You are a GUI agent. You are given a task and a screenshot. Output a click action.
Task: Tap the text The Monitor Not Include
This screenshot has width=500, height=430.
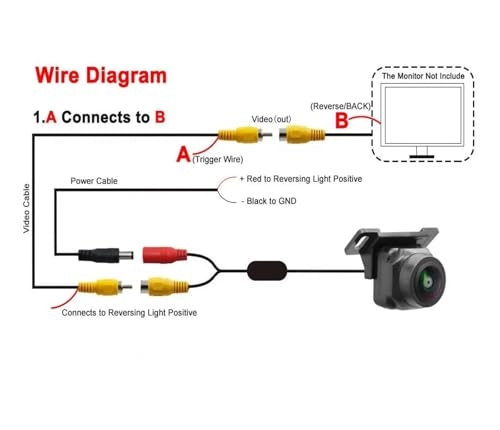coord(429,76)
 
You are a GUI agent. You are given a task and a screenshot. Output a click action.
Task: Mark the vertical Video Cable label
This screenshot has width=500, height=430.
coord(27,210)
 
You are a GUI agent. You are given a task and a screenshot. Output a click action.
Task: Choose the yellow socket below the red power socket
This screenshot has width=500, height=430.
coord(163,286)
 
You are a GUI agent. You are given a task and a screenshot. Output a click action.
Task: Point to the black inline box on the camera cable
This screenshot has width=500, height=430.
coord(267,269)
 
